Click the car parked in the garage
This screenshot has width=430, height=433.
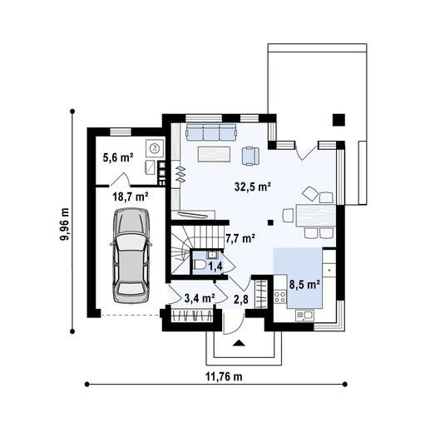(x=132, y=255)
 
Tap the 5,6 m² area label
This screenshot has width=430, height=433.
(x=119, y=157)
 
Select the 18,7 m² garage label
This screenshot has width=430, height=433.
(x=131, y=197)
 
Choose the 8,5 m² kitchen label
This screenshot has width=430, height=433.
(x=304, y=284)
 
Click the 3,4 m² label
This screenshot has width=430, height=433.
(x=199, y=296)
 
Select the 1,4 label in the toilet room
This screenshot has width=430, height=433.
(x=215, y=267)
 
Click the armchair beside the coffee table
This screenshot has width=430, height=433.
(x=250, y=155)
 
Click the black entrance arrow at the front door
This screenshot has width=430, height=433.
(x=239, y=341)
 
